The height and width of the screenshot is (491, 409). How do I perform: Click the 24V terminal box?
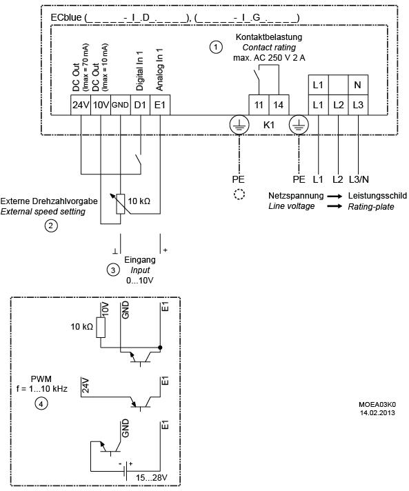point(81,105)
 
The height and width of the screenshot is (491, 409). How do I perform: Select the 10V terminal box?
point(101,105)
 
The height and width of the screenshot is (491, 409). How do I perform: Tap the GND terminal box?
point(120,105)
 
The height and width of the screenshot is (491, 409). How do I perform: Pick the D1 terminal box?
point(140,105)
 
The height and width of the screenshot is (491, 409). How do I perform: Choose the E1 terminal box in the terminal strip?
point(160,105)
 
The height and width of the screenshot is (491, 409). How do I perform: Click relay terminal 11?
point(259,105)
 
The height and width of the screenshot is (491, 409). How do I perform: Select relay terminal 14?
point(279,105)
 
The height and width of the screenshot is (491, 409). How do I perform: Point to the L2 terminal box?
point(338,105)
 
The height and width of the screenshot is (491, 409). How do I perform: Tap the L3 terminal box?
point(358,105)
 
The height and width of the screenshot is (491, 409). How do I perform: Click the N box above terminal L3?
point(358,85)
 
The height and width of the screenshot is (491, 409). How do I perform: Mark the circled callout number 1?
point(215,47)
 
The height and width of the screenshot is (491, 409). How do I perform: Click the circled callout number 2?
point(51,226)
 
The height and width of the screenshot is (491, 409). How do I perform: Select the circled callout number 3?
point(113,270)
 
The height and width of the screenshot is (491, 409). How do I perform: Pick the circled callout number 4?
point(41,403)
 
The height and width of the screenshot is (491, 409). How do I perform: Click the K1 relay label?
point(269,125)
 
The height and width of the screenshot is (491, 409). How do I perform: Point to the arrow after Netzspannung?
point(335,197)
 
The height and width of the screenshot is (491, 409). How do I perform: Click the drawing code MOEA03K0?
point(377,405)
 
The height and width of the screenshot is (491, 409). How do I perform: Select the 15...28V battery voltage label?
point(151,477)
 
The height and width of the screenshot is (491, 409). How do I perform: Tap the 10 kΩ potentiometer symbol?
point(121,204)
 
